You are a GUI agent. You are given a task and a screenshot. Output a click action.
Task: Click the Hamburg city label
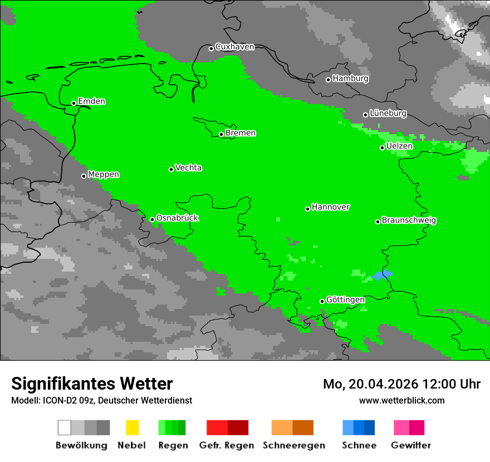pyautogui.click(x=350, y=78)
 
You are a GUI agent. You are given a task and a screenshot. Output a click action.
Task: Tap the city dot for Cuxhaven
pyautogui.click(x=211, y=48)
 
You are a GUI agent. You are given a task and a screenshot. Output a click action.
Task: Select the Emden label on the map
pyautogui.click(x=91, y=101)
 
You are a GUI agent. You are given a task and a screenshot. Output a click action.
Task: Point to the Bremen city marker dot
pyautogui.click(x=221, y=134)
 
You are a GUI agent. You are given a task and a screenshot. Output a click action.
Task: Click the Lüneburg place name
pyautogui.click(x=388, y=113)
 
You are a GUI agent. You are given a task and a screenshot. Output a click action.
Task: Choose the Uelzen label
pyautogui.click(x=399, y=146)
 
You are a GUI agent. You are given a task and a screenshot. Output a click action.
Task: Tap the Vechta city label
pyautogui.click(x=188, y=168)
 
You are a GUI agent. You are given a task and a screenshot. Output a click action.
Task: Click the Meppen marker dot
pyautogui.click(x=84, y=176)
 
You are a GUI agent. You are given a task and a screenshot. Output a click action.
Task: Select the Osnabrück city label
pyautogui.click(x=177, y=218)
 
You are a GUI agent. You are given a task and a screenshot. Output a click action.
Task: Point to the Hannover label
pyautogui.click(x=331, y=207)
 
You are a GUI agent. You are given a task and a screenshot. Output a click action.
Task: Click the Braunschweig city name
pyautogui.click(x=409, y=220)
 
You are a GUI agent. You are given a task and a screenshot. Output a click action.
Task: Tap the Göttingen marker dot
pyautogui.click(x=322, y=301)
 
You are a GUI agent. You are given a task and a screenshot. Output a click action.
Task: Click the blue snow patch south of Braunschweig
pyautogui.click(x=382, y=274)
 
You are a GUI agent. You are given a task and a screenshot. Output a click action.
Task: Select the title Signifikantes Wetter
pyautogui.click(x=92, y=384)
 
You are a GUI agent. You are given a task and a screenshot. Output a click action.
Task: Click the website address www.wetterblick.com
pyautogui.click(x=401, y=400)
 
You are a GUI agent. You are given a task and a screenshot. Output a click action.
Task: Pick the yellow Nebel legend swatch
pyautogui.click(x=132, y=427)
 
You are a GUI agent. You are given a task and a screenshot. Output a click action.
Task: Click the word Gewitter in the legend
pyautogui.click(x=410, y=445)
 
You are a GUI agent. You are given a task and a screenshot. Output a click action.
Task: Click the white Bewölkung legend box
pyautogui.click(x=65, y=427)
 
